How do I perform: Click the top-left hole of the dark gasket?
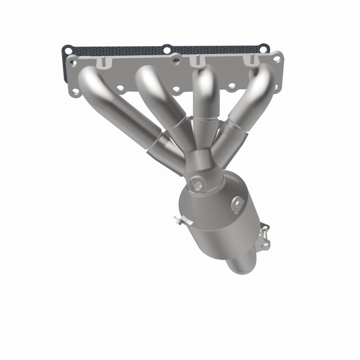pos(67,48)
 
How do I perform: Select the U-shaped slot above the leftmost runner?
pos(103,63)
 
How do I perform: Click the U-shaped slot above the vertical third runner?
pos(195,62)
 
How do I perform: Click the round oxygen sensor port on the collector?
pos(197,183)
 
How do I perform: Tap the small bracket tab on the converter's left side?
pos(179,220)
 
